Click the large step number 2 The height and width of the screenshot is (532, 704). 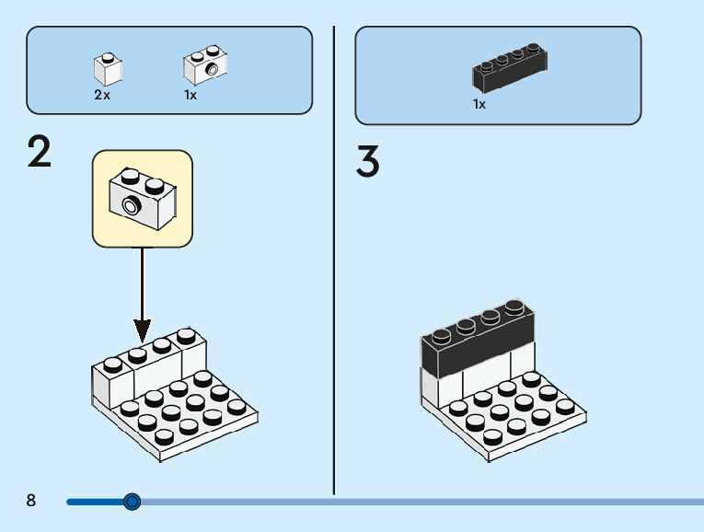click(x=40, y=152)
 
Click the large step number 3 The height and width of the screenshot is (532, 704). click(x=368, y=160)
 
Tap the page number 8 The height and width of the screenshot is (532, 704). click(x=30, y=500)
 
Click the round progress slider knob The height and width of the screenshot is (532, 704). click(x=132, y=502)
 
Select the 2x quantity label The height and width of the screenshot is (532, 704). click(x=102, y=95)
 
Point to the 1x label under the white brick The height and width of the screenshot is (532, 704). click(x=190, y=95)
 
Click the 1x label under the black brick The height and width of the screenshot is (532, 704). click(x=479, y=104)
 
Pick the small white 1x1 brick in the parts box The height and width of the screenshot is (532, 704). click(x=109, y=69)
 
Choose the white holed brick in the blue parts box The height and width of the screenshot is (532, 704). click(x=205, y=64)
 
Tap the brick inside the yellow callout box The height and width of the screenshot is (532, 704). click(x=143, y=199)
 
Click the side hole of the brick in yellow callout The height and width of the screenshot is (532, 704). click(x=132, y=206)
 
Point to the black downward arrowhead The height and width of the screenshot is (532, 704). click(x=143, y=330)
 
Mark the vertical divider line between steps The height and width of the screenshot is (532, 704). click(x=333, y=260)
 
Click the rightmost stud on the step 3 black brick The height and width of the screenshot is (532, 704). click(x=514, y=307)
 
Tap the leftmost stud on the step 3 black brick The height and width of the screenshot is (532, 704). click(x=441, y=335)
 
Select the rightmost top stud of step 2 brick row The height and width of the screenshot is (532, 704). click(x=186, y=336)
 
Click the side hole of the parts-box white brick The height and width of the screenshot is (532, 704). click(x=212, y=70)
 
